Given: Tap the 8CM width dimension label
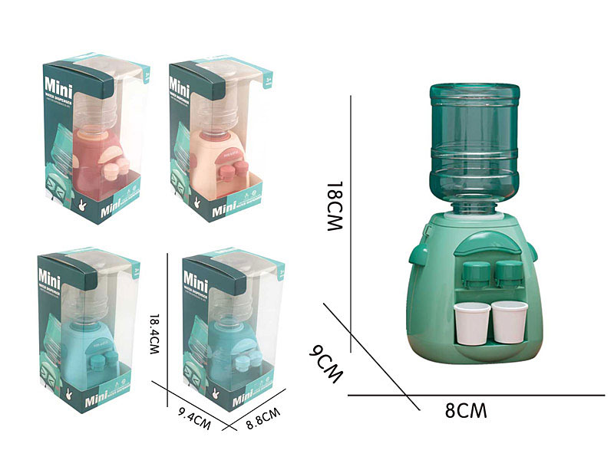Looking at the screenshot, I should pos(465,410).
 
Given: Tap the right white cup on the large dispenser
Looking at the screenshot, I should pos(508,321).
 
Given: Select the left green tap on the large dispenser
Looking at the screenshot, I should pos(477,274).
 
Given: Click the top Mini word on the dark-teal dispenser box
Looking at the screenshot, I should pos(198,273).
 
